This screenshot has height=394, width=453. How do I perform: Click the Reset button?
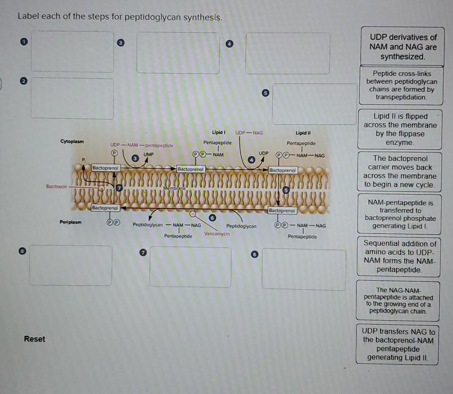click(35, 339)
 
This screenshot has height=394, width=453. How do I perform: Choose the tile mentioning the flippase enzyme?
click(400, 129)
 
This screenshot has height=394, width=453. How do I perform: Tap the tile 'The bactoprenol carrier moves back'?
click(400, 172)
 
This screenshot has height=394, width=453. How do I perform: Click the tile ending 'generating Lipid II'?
click(397, 344)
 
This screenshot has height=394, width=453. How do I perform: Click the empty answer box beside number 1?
click(72, 51)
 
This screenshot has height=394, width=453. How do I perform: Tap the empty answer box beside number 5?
click(314, 104)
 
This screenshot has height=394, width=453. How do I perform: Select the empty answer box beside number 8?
click(71, 265)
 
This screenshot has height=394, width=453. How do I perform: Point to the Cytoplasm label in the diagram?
click(72, 141)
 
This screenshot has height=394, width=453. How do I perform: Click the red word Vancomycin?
click(217, 234)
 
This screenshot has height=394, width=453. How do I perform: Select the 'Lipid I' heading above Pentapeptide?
click(218, 132)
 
